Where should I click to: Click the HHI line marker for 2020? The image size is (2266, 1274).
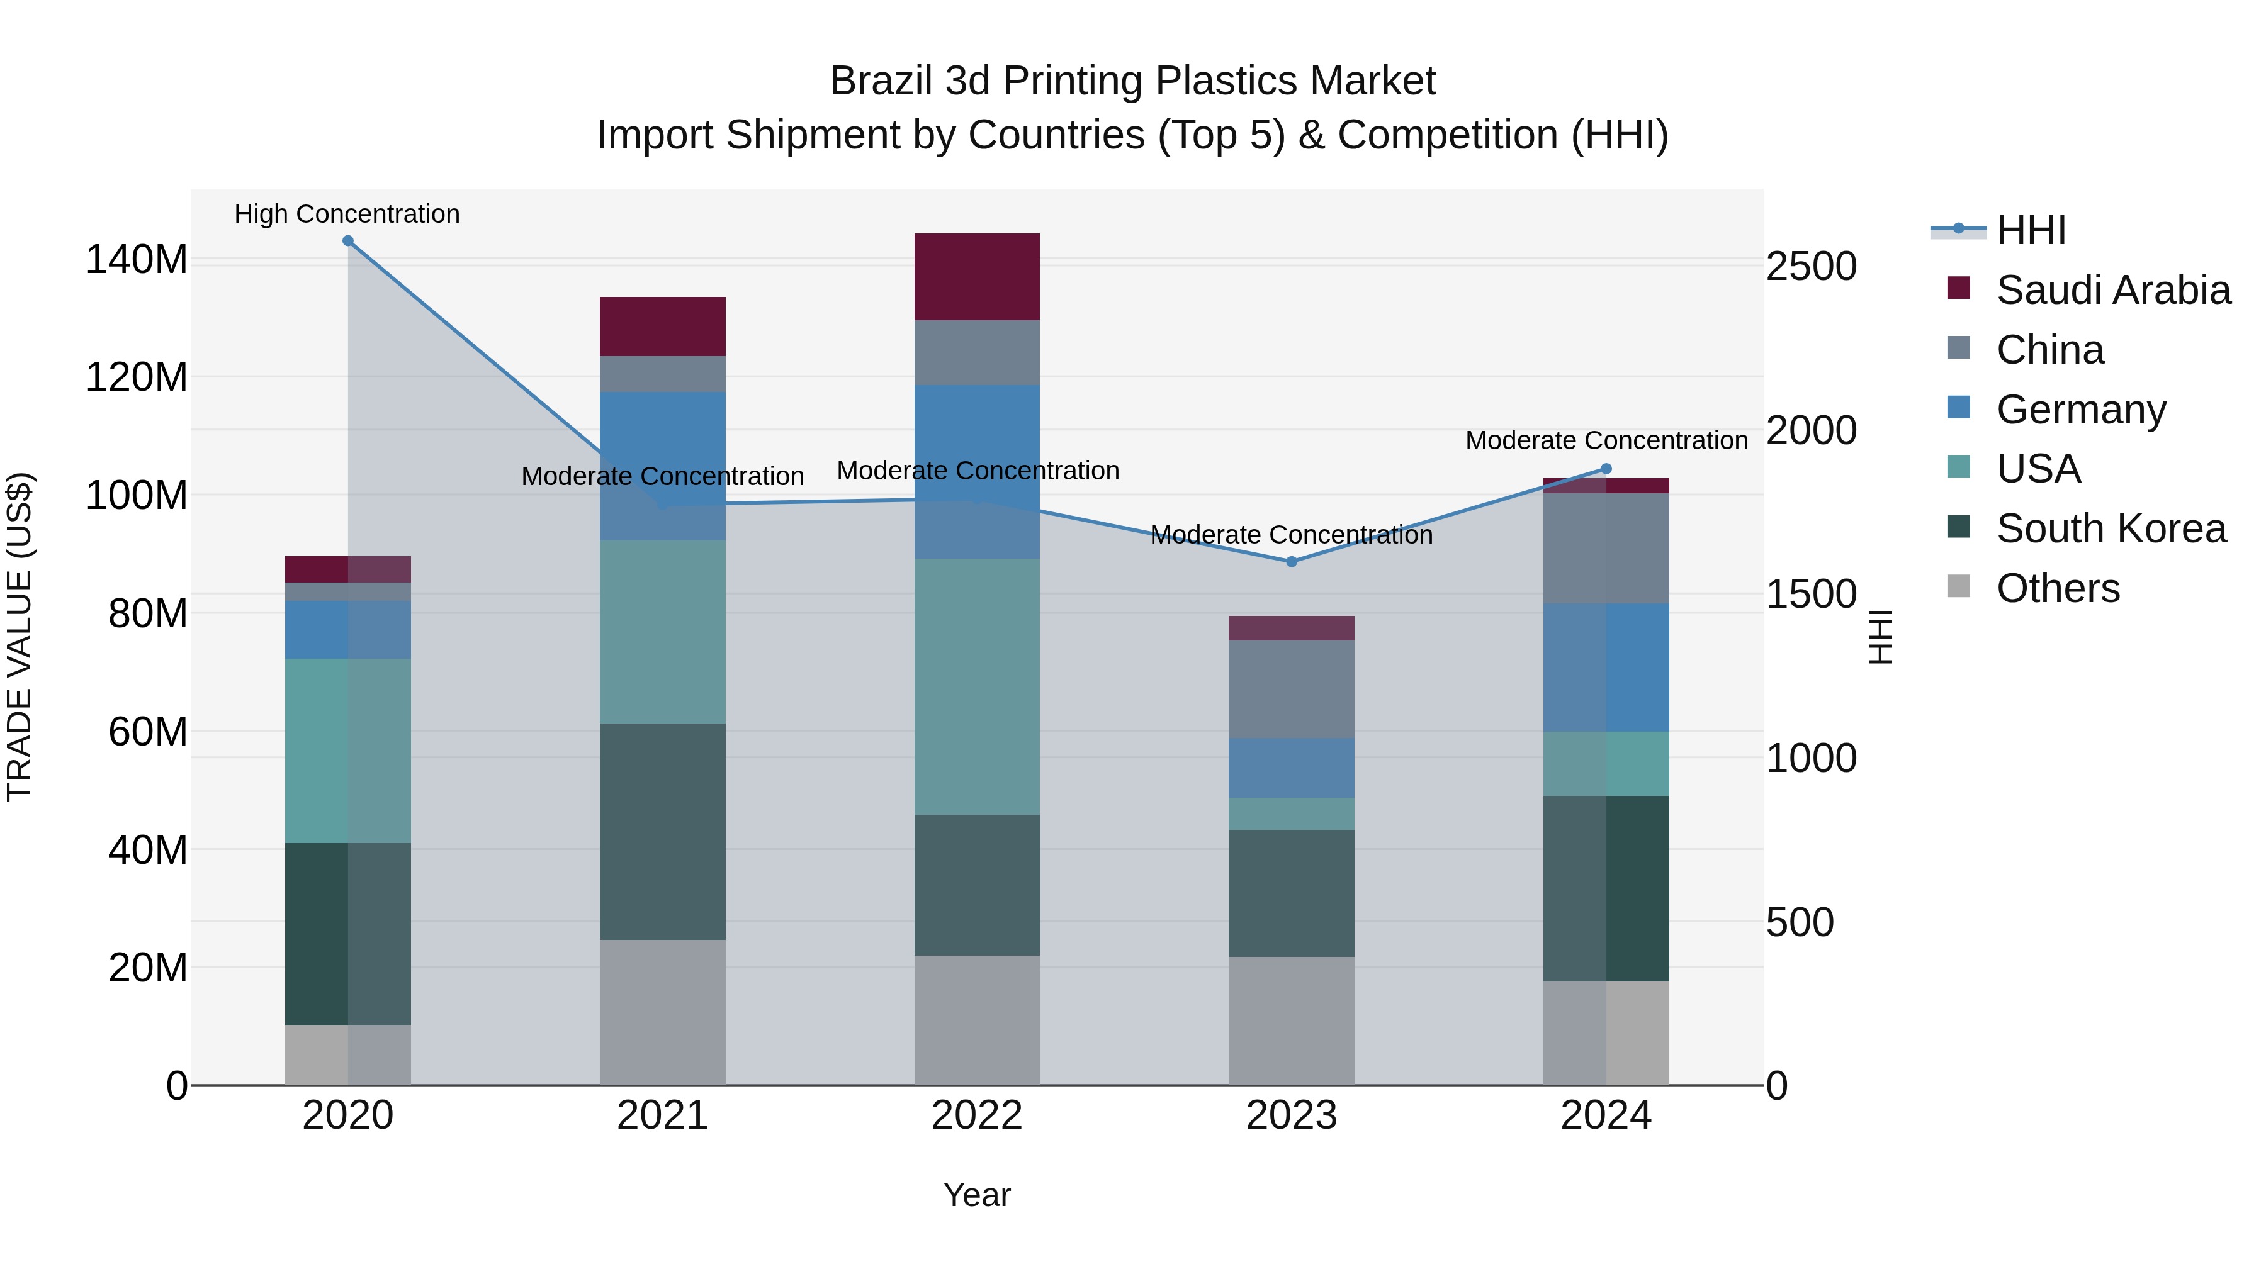pos(347,241)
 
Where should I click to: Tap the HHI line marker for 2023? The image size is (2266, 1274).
pos(1292,562)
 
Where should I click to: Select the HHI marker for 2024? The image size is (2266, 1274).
pos(1606,469)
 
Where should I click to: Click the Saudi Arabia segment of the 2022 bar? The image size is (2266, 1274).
pos(978,277)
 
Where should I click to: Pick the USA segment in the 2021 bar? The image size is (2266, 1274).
pos(662,632)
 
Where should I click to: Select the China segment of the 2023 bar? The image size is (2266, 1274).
pos(1292,690)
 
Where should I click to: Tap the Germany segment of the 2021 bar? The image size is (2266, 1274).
pos(662,466)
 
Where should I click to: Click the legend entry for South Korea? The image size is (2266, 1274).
pos(2111,528)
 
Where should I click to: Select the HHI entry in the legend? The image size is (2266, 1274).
pos(2030,230)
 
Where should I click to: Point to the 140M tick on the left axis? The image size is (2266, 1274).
pos(137,260)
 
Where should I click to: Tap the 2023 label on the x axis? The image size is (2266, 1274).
pos(1292,1115)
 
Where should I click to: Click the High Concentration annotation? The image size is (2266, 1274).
pos(347,215)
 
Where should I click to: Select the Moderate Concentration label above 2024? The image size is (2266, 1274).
pos(1606,440)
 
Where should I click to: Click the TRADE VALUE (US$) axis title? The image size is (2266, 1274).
pos(20,637)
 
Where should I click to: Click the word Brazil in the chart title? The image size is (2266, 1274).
pos(882,82)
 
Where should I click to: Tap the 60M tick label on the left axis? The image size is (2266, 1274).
pos(148,732)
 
